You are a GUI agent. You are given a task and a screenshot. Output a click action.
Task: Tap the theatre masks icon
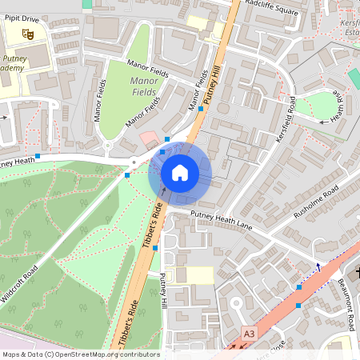pos(26,34)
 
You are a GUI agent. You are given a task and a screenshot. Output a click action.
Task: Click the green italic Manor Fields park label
pos(143,86)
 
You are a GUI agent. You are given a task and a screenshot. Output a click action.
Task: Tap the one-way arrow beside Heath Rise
pos(324,122)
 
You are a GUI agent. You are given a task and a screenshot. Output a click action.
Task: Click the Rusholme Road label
pos(315,204)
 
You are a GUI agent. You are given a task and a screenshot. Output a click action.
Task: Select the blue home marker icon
pos(180,172)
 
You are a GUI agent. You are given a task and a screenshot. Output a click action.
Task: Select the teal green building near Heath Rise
pos(354,78)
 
